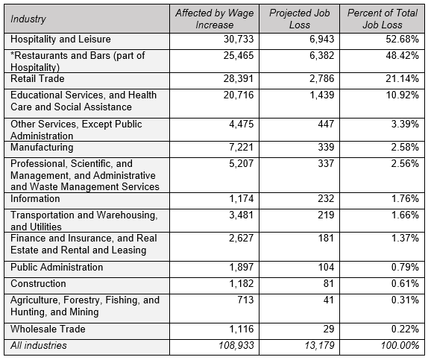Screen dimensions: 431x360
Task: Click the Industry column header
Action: coord(28,19)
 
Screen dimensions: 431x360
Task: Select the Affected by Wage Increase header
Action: coord(215,19)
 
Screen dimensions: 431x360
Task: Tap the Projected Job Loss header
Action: coord(299,19)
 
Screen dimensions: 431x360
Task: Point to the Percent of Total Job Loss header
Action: coord(382,19)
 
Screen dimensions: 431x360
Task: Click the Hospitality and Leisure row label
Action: coord(60,40)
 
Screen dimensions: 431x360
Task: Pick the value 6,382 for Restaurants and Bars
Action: coord(322,55)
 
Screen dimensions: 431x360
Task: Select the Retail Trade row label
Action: coord(37,79)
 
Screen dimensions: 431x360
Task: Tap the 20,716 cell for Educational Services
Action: coord(239,95)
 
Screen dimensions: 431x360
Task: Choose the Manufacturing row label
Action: coord(42,148)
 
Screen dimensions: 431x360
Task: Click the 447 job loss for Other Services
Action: coord(326,124)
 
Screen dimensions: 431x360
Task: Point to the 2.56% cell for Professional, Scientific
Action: coord(405,164)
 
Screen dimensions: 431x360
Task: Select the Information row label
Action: coord(35,199)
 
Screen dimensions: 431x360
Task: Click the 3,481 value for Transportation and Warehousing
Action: coord(241,215)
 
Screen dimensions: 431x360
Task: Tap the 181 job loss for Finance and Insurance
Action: coord(326,238)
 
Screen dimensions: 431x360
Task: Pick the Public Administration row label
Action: coord(57,267)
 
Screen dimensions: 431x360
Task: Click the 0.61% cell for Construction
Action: coord(405,284)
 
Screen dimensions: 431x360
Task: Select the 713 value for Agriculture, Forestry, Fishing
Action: coord(245,300)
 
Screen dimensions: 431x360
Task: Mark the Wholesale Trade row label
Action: coord(48,329)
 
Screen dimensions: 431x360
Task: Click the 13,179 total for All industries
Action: coord(319,345)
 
